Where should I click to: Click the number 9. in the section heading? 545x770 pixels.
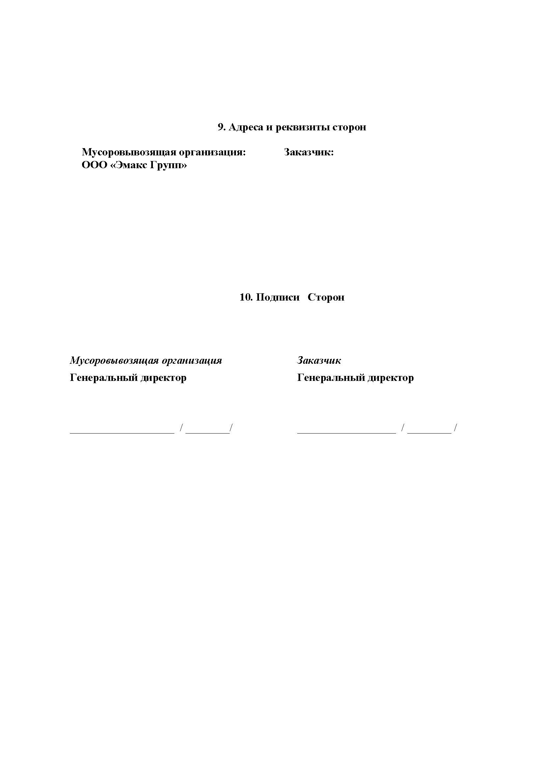point(222,127)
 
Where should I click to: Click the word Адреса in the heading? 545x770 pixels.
point(246,127)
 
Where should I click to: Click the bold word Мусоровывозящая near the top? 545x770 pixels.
point(129,152)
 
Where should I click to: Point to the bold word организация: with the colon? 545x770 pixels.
point(212,152)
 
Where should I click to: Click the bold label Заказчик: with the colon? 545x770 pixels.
point(309,152)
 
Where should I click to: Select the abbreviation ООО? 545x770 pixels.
point(94,165)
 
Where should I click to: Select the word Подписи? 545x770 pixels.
point(277,298)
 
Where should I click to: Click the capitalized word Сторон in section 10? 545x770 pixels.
point(326,298)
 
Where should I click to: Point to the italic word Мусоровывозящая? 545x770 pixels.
point(114,361)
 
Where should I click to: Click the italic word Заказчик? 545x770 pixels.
point(319,361)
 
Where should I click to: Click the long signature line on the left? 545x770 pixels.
point(122,433)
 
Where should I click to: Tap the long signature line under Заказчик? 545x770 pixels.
point(346,433)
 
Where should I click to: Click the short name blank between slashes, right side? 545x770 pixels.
point(429,433)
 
